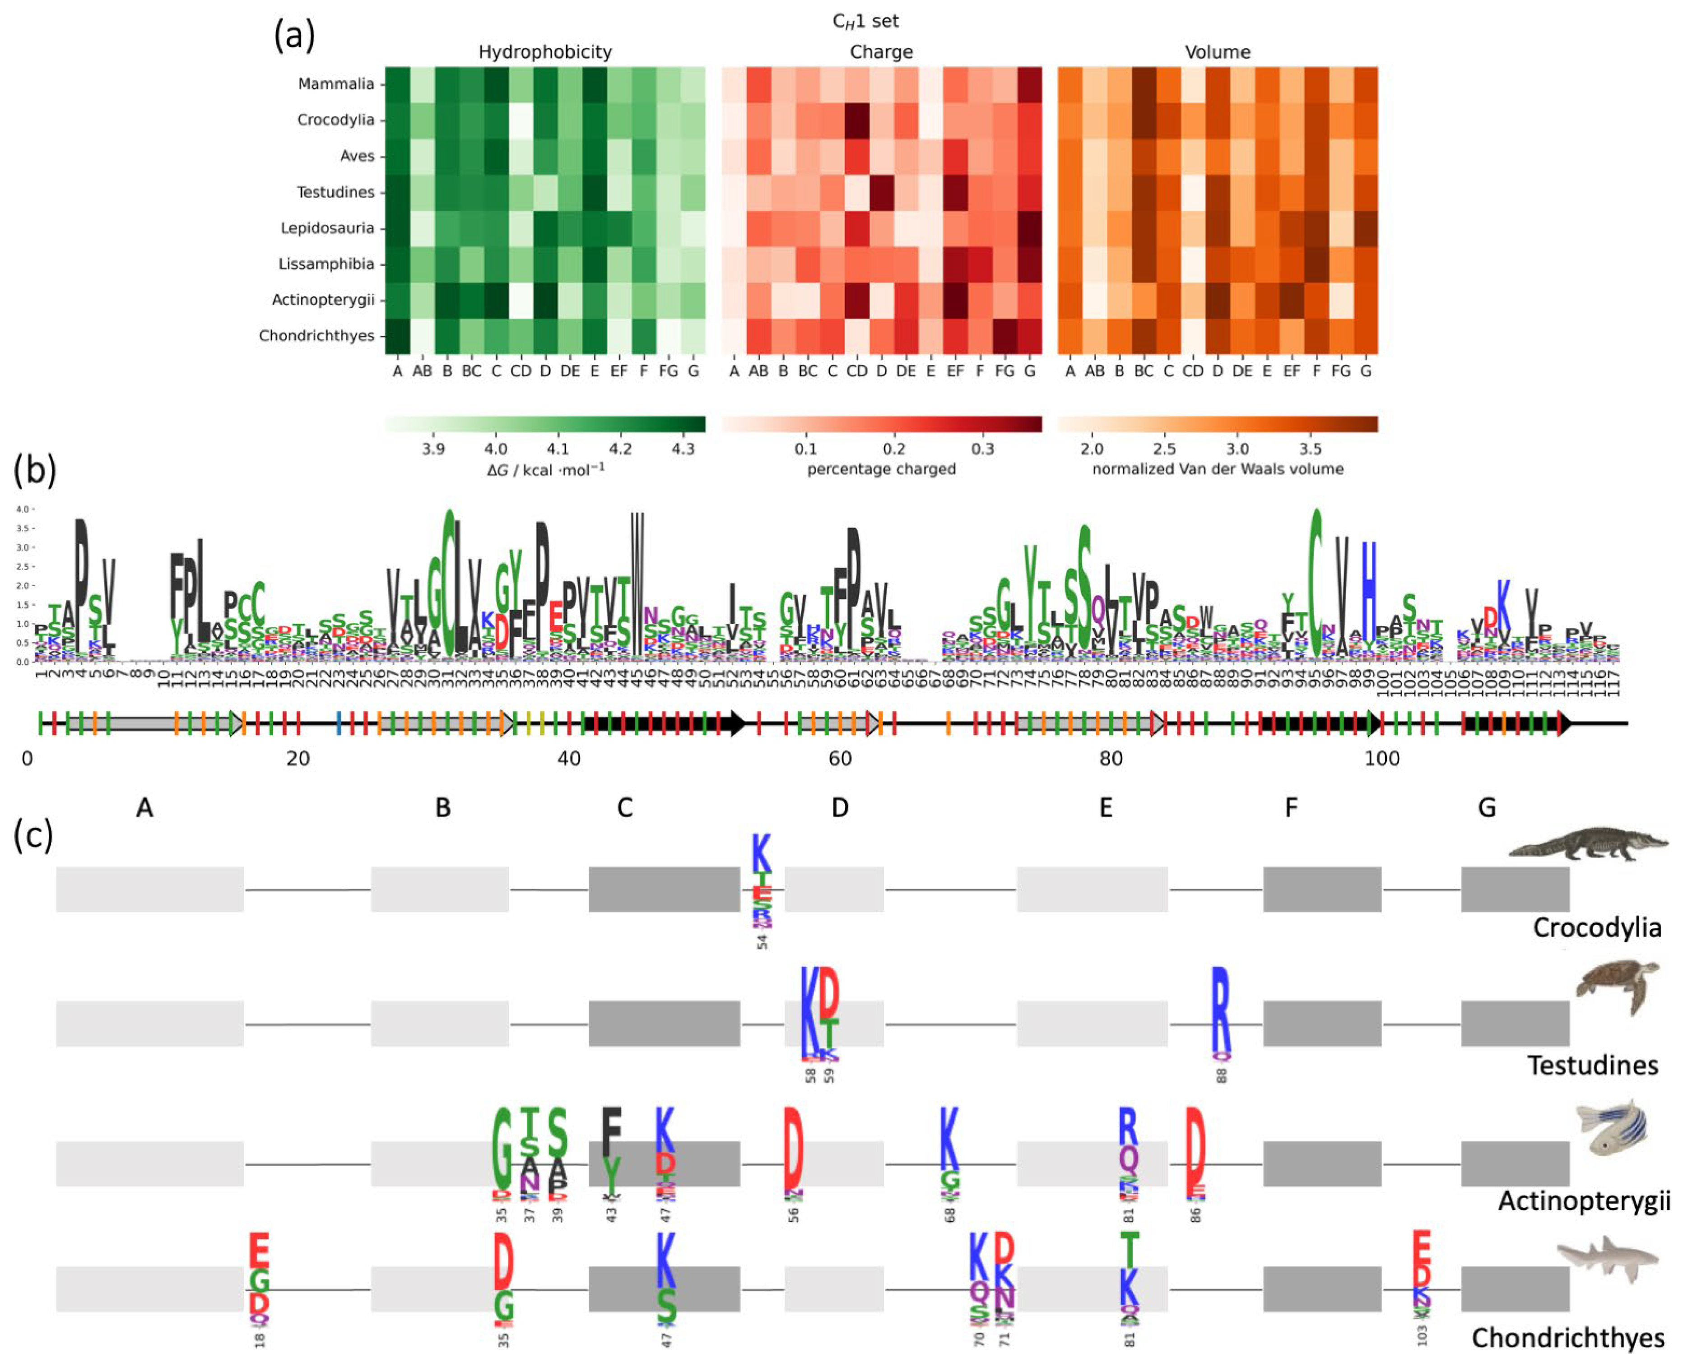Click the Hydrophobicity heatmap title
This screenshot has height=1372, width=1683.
point(544,52)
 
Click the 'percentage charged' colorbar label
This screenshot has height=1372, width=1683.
point(881,469)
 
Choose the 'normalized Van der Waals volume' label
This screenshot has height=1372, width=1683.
point(1218,469)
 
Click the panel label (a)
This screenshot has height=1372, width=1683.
point(294,36)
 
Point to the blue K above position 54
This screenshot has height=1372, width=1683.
point(761,853)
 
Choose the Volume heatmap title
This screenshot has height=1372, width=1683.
point(1218,52)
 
